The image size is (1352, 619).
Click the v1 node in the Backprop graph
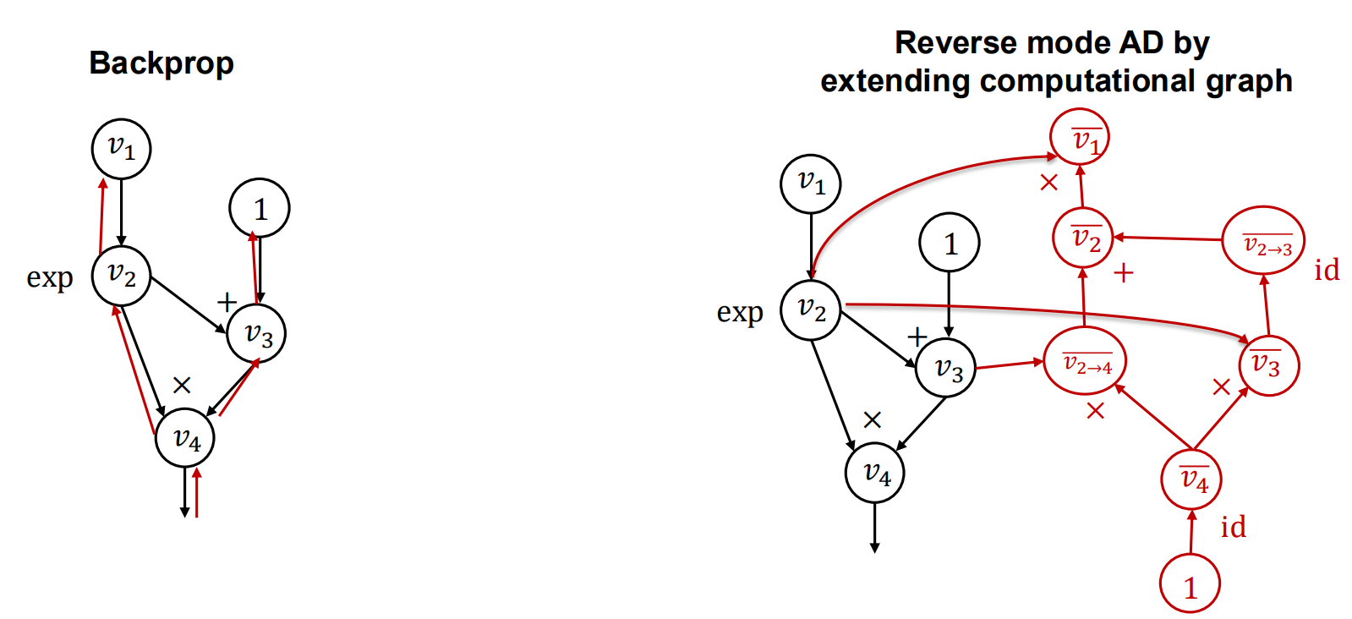[x=121, y=149]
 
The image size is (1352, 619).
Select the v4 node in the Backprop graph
[x=185, y=438]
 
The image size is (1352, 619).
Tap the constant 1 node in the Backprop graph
[x=260, y=208]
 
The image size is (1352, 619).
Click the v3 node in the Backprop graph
[x=256, y=333]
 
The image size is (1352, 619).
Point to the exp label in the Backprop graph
[x=50, y=277]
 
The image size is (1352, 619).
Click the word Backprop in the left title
[x=161, y=63]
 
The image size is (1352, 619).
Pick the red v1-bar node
[x=1079, y=139]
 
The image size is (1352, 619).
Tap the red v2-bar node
[x=1083, y=238]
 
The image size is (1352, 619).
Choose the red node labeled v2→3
[x=1264, y=241]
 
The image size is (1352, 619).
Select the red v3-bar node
[x=1268, y=365]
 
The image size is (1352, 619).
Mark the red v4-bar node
[x=1191, y=479]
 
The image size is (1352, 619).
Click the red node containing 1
[x=1190, y=583]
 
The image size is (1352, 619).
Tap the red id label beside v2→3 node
[x=1327, y=271]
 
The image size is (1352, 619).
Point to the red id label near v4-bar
[x=1233, y=527]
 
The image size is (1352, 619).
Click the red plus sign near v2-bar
[x=1123, y=273]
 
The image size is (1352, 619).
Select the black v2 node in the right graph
[x=811, y=310]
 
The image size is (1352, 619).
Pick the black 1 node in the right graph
[x=950, y=243]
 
